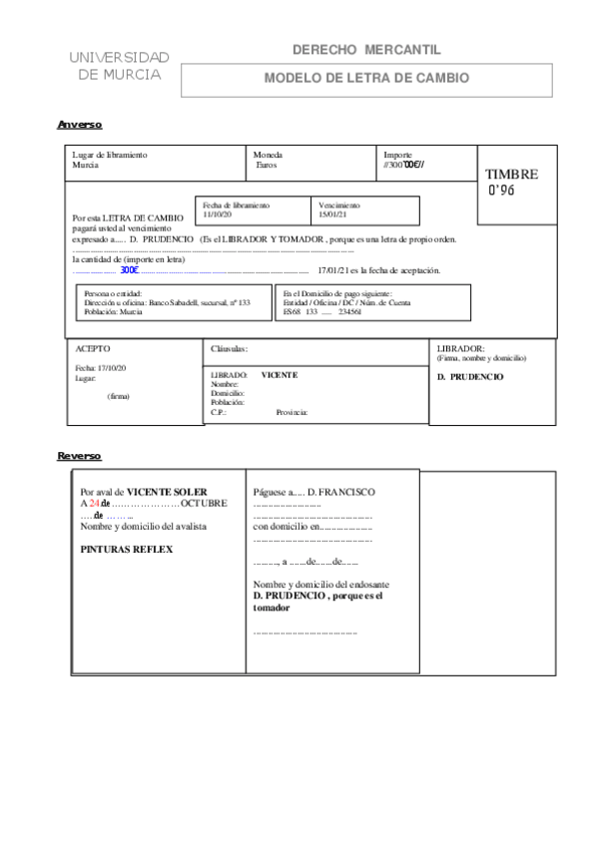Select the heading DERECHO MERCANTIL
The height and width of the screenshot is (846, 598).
pyautogui.click(x=365, y=50)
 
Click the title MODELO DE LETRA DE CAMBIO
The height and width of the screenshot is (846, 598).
pyautogui.click(x=365, y=78)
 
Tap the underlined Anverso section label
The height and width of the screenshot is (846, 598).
pyautogui.click(x=80, y=125)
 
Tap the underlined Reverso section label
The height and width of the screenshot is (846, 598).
pyautogui.click(x=80, y=456)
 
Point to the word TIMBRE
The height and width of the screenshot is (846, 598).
pyautogui.click(x=511, y=175)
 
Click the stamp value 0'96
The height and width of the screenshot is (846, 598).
pyautogui.click(x=501, y=191)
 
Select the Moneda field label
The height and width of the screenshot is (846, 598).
pyautogui.click(x=268, y=156)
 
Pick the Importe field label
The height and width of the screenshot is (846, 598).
pyautogui.click(x=399, y=156)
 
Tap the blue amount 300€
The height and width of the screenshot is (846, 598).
pyautogui.click(x=129, y=270)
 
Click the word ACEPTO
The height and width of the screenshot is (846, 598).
pyautogui.click(x=95, y=349)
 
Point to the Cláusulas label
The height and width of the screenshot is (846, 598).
pyautogui.click(x=230, y=349)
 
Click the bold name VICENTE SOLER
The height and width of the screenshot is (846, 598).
pyautogui.click(x=166, y=492)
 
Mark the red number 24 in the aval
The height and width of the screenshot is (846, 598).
pyautogui.click(x=94, y=504)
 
